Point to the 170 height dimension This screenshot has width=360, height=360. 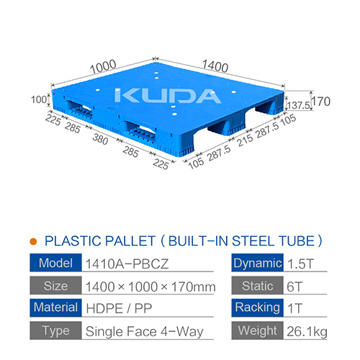321,102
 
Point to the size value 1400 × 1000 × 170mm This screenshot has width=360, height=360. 150,287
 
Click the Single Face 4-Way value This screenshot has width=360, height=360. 145,333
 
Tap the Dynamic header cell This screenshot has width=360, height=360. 256,263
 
